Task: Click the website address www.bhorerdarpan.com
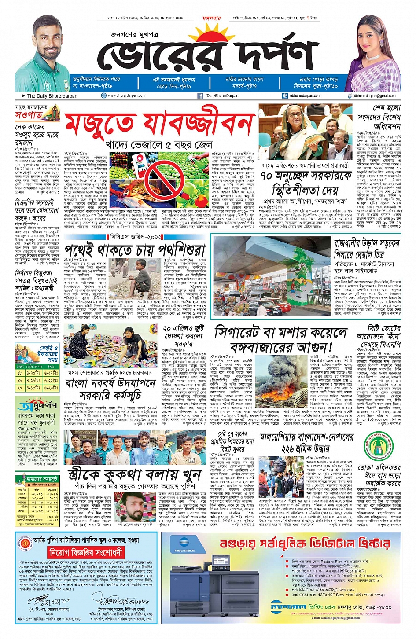click(126, 95)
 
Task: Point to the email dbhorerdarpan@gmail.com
click(374, 95)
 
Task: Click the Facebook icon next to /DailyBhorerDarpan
click(200, 95)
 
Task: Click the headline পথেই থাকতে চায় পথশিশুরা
click(135, 250)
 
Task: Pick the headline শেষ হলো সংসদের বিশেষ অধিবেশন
click(379, 117)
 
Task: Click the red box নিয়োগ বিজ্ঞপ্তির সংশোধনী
click(86, 552)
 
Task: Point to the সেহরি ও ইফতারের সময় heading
click(47, 353)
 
